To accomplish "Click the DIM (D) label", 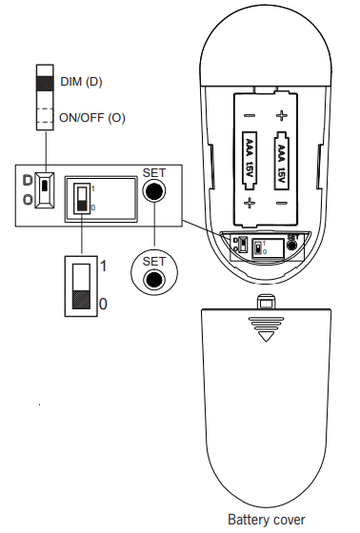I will pyautogui.click(x=80, y=82).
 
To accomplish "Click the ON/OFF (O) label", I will pyautogui.click(x=91, y=119).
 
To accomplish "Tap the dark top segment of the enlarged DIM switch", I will pyautogui.click(x=44, y=82).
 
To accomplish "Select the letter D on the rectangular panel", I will pyautogui.click(x=28, y=180).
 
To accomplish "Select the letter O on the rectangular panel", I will pyautogui.click(x=28, y=199).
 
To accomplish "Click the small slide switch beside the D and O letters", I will pyautogui.click(x=44, y=189).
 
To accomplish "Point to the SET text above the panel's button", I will pyautogui.click(x=152, y=172).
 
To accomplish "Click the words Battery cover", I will pyautogui.click(x=267, y=520).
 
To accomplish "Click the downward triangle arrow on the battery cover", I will pyautogui.click(x=268, y=334).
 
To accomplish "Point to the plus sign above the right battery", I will pyautogui.click(x=282, y=116).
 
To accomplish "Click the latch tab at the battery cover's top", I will pyautogui.click(x=268, y=303).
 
